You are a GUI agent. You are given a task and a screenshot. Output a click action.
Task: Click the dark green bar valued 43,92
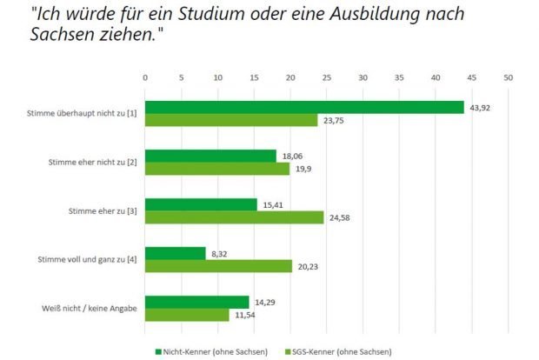click(x=304, y=107)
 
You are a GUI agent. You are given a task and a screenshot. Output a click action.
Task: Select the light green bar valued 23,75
click(x=231, y=120)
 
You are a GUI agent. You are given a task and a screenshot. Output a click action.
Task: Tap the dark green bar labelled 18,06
click(x=210, y=156)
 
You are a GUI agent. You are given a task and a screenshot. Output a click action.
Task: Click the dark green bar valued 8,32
click(x=175, y=253)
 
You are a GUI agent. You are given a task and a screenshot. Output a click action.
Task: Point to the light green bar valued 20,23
click(x=218, y=265)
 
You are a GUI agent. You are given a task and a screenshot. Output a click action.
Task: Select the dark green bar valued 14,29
click(x=196, y=302)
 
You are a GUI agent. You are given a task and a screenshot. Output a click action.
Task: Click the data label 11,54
click(x=243, y=314)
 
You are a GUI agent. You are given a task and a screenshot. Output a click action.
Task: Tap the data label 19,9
click(x=303, y=169)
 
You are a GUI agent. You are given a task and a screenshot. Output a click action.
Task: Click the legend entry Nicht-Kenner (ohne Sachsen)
click(x=206, y=351)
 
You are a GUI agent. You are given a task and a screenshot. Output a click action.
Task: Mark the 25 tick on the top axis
click(x=327, y=77)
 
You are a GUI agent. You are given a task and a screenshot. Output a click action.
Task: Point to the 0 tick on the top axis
click(x=145, y=77)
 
